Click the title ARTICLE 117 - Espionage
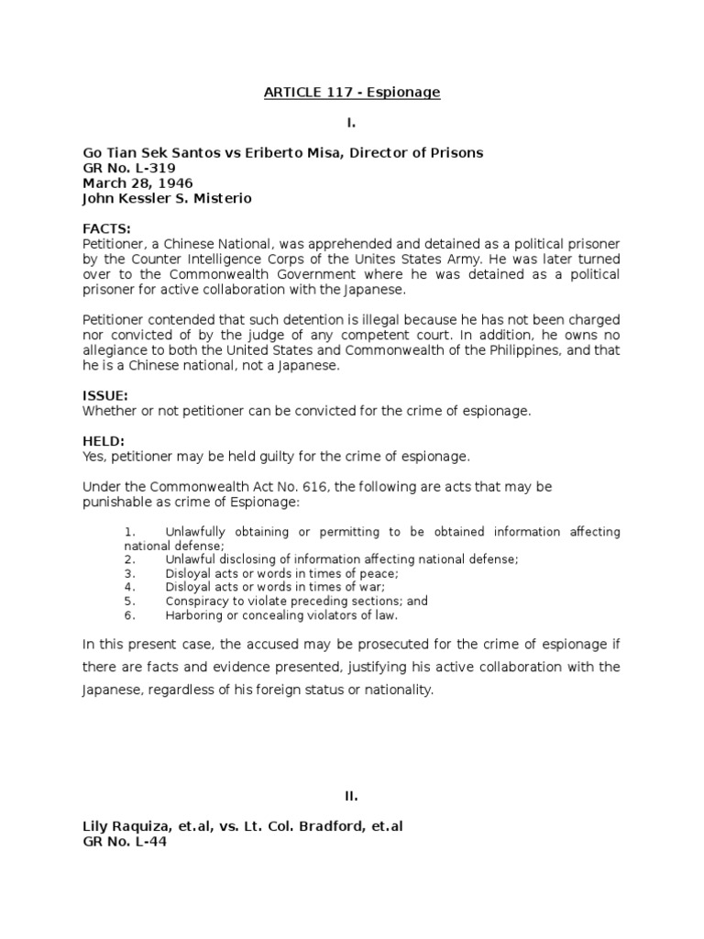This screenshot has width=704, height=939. [352, 94]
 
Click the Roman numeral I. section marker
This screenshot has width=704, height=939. [351, 123]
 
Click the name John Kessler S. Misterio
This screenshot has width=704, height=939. [167, 198]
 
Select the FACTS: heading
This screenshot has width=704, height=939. [106, 227]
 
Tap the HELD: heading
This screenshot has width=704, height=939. [104, 441]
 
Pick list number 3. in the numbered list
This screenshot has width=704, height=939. [129, 573]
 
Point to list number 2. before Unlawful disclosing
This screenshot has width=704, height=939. [129, 559]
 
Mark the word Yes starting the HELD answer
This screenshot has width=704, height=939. [93, 456]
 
